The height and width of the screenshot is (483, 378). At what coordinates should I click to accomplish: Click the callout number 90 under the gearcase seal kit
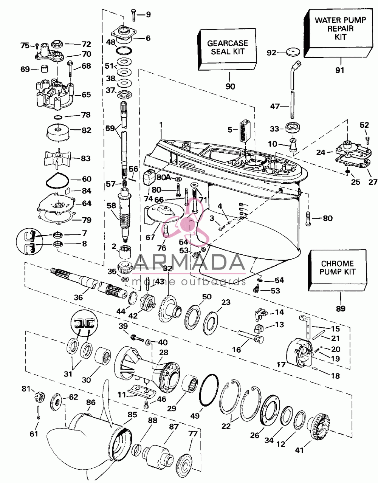coord(230,86)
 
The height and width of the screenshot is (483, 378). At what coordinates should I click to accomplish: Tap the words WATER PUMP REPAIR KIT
coord(340,28)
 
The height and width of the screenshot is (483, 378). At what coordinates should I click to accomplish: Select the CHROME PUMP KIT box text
coord(337,268)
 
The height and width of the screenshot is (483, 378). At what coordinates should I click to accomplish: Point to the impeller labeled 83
coord(57,158)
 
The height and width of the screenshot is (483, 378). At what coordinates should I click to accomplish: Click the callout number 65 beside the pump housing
coord(86,95)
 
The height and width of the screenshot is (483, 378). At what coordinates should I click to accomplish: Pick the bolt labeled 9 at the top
coord(133,15)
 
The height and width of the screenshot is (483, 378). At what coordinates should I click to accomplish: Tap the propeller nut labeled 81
coord(40,395)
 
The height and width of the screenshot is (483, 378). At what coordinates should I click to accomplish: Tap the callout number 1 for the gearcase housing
coord(161,125)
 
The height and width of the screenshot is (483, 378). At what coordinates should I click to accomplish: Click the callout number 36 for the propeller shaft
coord(79,297)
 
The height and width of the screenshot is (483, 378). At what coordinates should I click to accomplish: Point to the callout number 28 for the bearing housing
coord(164,352)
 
